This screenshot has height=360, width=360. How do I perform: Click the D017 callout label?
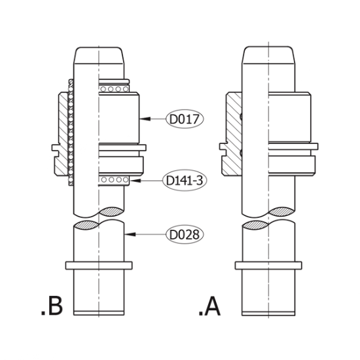[x=185, y=119]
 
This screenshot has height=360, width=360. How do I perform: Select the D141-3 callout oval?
[x=185, y=181]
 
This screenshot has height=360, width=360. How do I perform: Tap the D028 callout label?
[x=185, y=234]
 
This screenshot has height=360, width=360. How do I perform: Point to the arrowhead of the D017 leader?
[x=145, y=118]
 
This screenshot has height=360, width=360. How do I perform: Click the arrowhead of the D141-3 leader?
[x=135, y=181]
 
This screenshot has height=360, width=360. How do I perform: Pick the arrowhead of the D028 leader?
[x=130, y=234]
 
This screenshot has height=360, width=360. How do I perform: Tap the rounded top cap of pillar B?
[x=99, y=56]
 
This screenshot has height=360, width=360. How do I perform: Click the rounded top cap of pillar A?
[x=268, y=55]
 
